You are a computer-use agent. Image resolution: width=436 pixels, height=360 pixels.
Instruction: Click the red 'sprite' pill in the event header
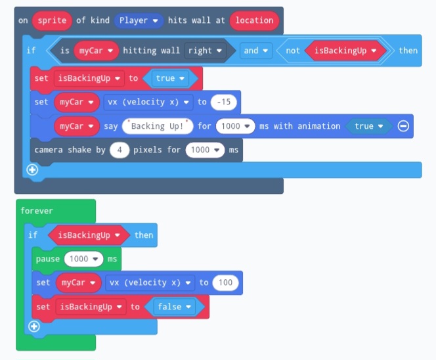52,20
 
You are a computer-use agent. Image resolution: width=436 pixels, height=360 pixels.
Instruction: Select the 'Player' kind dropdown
139,20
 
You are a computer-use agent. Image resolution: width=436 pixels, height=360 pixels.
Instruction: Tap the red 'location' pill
254,20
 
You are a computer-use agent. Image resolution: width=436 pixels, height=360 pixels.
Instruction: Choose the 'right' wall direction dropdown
204,51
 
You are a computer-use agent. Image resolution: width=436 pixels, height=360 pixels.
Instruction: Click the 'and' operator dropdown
257,51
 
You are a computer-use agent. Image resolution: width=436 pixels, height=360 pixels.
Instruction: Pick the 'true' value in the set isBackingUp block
169,78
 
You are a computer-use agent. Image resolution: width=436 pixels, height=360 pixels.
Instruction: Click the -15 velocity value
225,102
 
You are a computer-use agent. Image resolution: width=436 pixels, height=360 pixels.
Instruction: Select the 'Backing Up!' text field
158,126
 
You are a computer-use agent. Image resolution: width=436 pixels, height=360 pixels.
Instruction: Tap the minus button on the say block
403,126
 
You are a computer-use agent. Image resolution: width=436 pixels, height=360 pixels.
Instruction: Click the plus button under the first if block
32,170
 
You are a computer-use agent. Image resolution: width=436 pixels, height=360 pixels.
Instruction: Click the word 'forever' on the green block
37,211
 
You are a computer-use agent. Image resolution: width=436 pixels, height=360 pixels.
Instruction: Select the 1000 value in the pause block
83,259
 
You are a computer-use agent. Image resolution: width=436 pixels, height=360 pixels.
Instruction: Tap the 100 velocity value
225,282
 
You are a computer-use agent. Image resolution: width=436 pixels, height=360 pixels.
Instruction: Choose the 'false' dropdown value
174,307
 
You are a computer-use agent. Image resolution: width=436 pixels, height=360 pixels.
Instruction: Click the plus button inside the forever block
34,326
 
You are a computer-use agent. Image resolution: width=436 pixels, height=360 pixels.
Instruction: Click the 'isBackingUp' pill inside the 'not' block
345,51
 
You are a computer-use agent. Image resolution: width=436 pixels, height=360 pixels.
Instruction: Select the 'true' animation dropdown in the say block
368,126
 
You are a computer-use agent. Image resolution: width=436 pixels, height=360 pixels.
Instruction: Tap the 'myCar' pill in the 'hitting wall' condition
96,51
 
